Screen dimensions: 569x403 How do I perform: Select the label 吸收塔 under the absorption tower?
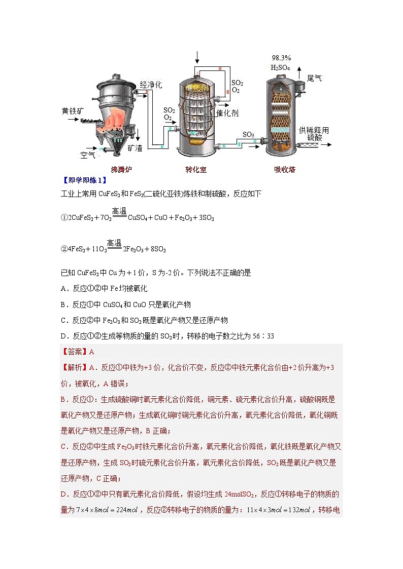coord(285,170)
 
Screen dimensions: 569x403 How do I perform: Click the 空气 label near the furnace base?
coord(88,155)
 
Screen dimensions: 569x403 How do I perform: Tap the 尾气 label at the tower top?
coord(314,79)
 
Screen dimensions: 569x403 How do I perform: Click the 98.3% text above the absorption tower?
coord(281,58)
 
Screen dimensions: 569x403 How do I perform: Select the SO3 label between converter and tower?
coord(248,135)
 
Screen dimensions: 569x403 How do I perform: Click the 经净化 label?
coord(151,85)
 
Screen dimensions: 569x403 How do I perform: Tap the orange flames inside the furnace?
coord(117,121)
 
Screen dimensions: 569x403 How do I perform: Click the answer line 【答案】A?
coord(78,351)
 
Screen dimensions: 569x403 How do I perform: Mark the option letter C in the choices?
coord(63,320)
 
